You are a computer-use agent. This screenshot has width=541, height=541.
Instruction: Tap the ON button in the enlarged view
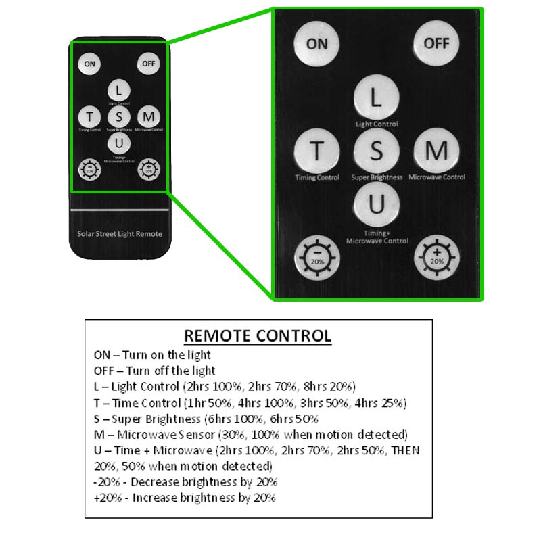tap(316, 44)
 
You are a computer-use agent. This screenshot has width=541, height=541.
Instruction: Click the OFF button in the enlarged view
tap(436, 43)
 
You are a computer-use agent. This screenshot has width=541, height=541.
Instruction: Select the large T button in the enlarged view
tap(316, 151)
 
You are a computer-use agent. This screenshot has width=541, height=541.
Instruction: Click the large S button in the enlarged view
tap(377, 151)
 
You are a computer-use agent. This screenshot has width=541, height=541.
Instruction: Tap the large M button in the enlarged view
tap(436, 151)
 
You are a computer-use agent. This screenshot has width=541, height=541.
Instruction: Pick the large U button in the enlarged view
tap(377, 204)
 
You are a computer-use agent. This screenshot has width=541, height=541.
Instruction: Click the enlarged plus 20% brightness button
tap(436, 258)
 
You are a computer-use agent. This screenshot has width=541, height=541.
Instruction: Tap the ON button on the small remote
tap(89, 64)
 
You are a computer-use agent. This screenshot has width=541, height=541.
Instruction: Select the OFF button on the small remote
tap(148, 64)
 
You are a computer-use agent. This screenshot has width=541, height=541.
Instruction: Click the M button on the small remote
tap(149, 116)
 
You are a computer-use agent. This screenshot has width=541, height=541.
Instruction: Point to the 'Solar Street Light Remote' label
tap(120, 233)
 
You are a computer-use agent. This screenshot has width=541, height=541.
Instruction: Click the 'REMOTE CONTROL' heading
tap(258, 335)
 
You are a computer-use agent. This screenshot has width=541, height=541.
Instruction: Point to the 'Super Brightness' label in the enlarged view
tap(377, 177)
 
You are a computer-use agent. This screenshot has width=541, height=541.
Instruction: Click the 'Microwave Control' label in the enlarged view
tap(437, 177)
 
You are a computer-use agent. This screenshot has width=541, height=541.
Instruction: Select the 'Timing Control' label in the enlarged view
tap(317, 177)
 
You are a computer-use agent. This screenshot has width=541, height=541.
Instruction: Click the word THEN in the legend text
tap(405, 450)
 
